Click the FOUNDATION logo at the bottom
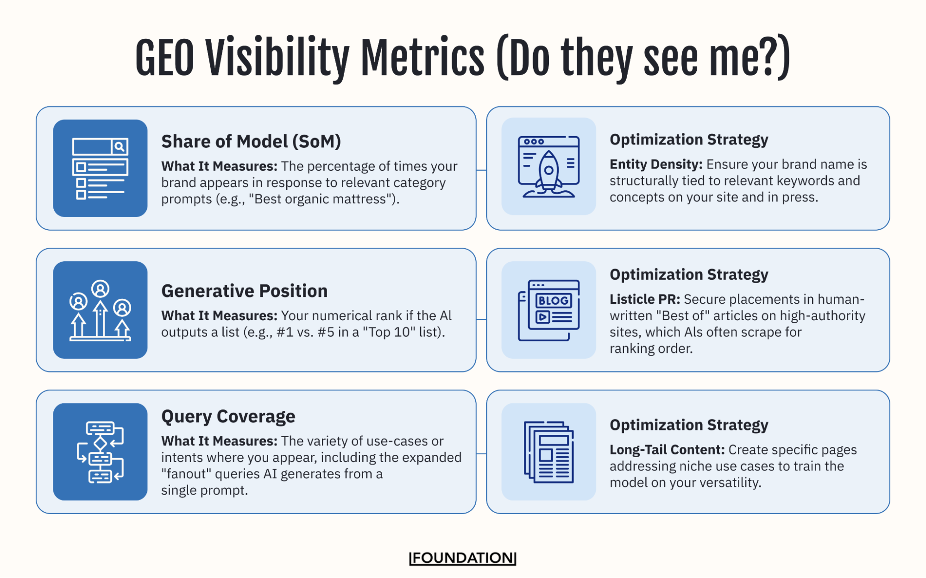click(462, 558)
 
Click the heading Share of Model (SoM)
click(251, 141)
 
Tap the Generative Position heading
click(244, 291)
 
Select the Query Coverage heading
click(228, 416)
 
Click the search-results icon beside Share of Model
click(100, 168)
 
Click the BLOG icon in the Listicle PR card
click(548, 310)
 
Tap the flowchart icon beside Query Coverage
click(100, 452)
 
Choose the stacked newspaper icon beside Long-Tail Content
click(548, 452)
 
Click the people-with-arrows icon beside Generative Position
click(100, 310)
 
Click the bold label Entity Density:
click(655, 164)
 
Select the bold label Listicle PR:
click(644, 299)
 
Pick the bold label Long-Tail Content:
click(667, 450)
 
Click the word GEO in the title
click(164, 59)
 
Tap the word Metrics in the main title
click(422, 59)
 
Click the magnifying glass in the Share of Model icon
click(120, 147)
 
